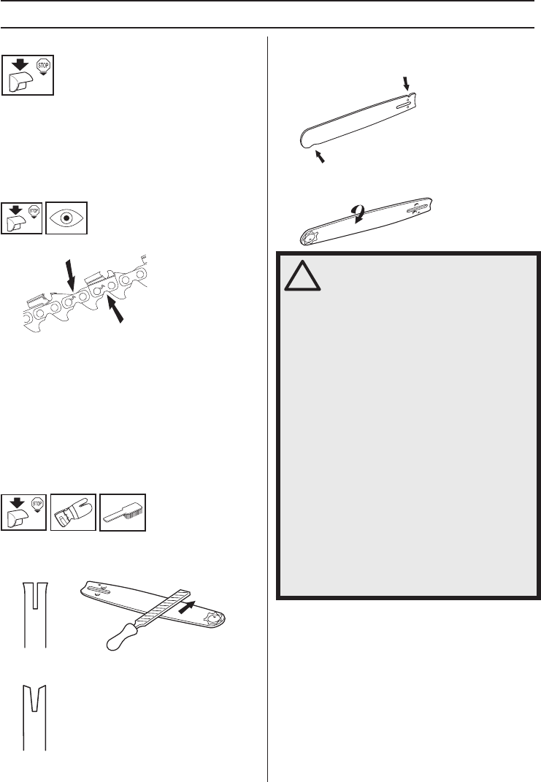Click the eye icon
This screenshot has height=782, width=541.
pyautogui.click(x=66, y=217)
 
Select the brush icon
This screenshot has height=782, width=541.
pyautogui.click(x=122, y=512)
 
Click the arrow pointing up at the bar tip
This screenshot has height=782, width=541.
pyautogui.click(x=320, y=156)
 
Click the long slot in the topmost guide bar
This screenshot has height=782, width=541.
pyautogui.click(x=402, y=104)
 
